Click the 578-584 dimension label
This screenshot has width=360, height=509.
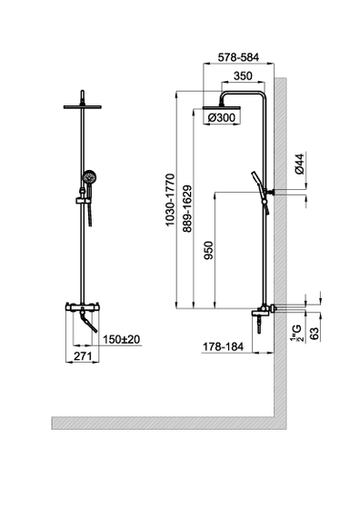238,57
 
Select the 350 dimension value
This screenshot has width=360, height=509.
243,76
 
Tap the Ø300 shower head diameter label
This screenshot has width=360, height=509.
222,117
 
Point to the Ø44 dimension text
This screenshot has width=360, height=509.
300,164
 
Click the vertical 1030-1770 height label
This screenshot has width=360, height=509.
170,200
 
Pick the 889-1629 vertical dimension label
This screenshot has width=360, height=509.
187,209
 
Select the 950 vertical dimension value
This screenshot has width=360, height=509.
209,250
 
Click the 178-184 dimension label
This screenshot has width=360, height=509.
223,346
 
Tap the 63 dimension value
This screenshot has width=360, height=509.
314,334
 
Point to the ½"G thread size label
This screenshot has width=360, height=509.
296,333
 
